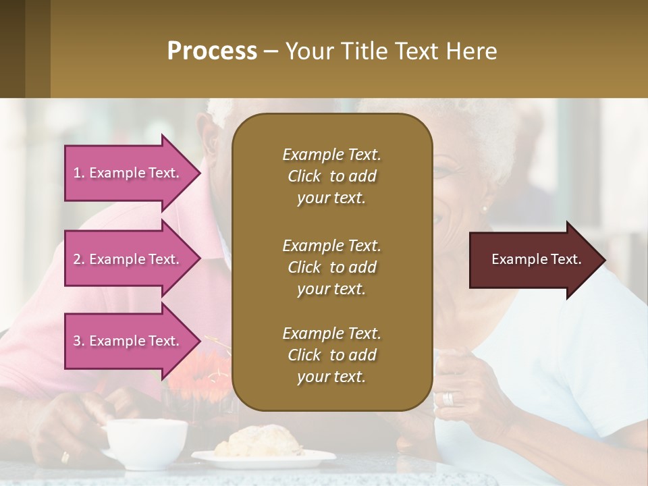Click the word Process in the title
click(212, 51)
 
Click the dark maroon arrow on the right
click(537, 260)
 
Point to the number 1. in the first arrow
click(79, 173)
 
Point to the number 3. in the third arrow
click(79, 341)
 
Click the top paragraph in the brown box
click(331, 176)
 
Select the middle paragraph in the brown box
click(331, 267)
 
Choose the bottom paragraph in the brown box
click(331, 355)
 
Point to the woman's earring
click(484, 209)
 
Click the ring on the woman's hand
click(448, 399)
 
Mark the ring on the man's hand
click(65, 457)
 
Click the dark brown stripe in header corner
click(12, 49)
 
